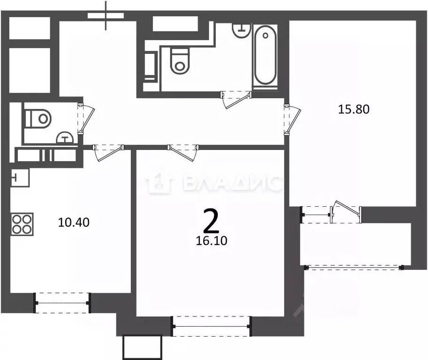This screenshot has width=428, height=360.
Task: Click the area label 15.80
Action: (x=354, y=110)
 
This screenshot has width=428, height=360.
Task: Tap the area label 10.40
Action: (x=74, y=222)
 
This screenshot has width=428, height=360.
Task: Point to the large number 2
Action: (x=211, y=222)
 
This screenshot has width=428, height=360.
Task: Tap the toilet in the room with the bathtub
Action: (x=179, y=61)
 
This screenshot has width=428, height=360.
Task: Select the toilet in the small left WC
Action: (x=38, y=118)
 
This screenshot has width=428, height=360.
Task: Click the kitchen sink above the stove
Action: (x=19, y=177)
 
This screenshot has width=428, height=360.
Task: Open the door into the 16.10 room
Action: (x=182, y=150)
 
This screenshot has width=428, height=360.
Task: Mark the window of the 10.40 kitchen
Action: (x=62, y=302)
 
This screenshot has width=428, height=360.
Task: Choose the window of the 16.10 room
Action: (x=211, y=326)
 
